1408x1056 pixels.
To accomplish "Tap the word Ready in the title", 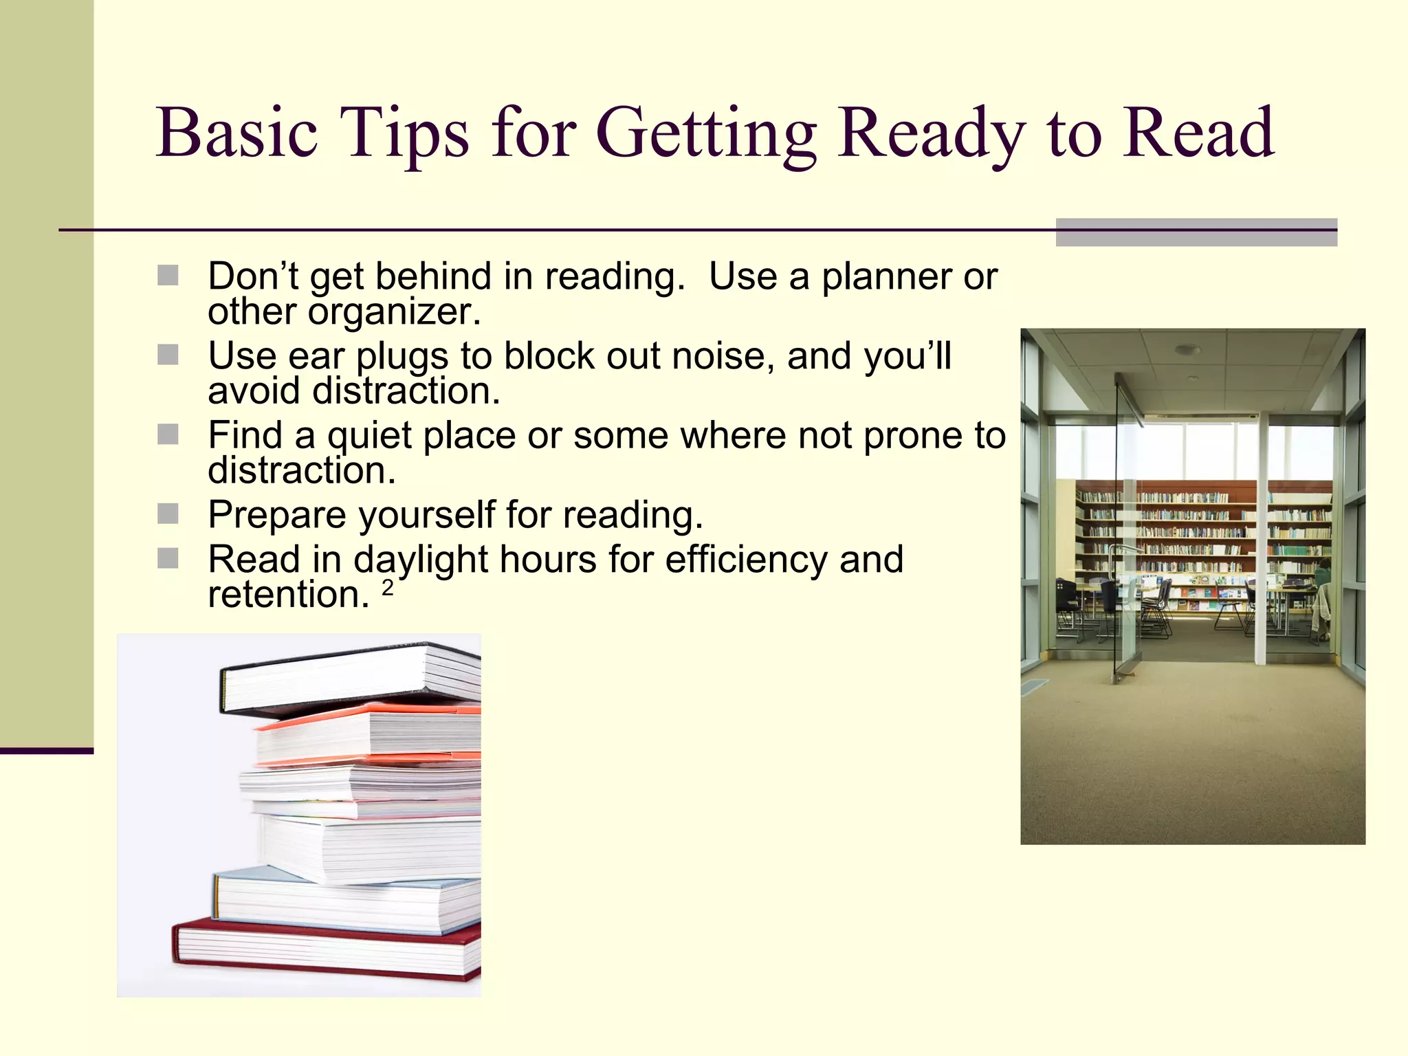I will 931,134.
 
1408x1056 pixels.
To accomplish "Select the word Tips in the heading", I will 405,134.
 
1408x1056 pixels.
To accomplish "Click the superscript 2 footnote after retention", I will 388,588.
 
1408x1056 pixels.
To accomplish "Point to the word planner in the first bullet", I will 886,276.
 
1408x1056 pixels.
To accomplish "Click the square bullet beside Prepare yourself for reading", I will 168,514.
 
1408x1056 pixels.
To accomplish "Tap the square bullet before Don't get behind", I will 168,276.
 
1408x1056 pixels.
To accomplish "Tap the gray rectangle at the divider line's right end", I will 1196,232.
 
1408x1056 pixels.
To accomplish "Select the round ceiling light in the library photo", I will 1187,350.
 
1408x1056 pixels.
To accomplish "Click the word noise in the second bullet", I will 718,356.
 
